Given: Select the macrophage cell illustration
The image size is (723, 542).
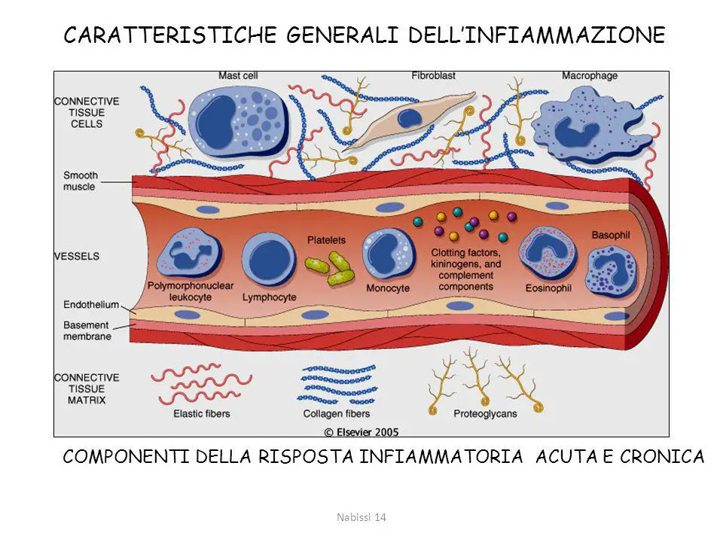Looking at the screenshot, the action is click(592, 126).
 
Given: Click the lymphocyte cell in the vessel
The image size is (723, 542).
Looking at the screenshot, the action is click(269, 260).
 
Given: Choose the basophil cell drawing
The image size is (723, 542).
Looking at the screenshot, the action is click(611, 271).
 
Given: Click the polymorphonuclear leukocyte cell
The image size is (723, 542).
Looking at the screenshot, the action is click(189, 254).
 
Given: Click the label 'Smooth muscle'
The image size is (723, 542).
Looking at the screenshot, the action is click(81, 181).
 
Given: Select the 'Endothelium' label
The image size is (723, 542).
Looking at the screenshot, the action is click(91, 305).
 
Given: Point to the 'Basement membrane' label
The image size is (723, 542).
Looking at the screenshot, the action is click(87, 330).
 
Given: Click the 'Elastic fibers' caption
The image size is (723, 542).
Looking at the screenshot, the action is click(202, 414).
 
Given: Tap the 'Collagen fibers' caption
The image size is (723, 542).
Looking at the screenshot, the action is click(336, 414).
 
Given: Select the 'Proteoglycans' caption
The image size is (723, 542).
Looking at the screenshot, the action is click(485, 414).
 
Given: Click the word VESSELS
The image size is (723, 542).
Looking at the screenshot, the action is click(77, 256).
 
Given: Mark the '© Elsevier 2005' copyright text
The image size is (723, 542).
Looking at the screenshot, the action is click(361, 432).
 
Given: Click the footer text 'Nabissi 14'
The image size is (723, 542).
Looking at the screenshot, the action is click(361, 517).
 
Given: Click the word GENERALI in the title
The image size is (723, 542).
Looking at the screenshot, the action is click(342, 35).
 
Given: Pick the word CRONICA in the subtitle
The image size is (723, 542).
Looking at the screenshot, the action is click(662, 457).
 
